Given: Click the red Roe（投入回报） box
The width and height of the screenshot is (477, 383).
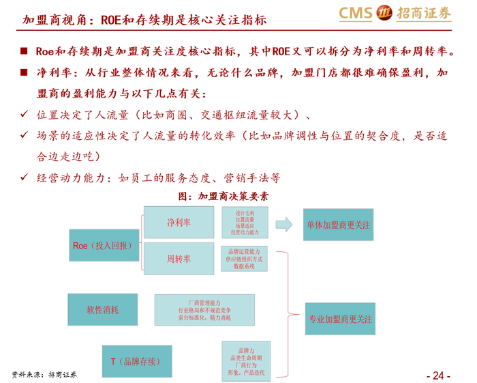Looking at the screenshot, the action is [x=104, y=246].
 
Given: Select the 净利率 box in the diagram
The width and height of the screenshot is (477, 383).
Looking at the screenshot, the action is [x=179, y=223].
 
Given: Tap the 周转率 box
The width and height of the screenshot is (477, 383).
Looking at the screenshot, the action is [x=179, y=259].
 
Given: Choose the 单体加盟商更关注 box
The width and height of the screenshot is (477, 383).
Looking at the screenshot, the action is [x=339, y=224].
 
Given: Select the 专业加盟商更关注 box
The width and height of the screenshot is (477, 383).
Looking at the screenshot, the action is [x=339, y=319].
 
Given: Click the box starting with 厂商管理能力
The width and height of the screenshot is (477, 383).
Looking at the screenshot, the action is [x=204, y=310].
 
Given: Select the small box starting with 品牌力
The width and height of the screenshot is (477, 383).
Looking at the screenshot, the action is [x=247, y=360].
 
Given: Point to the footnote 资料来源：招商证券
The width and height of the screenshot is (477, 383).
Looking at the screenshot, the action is [x=44, y=374].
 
